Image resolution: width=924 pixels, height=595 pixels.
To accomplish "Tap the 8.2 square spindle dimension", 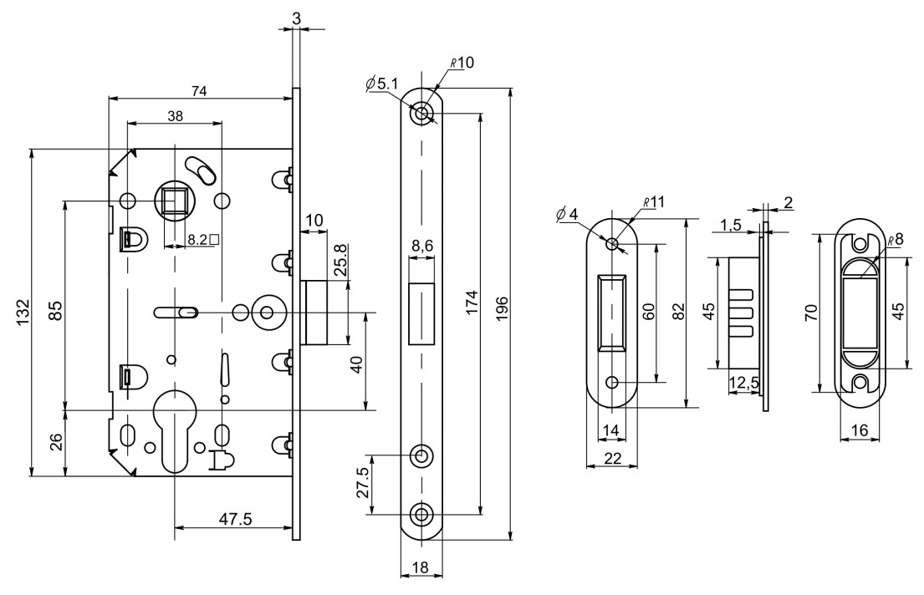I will click(202, 239).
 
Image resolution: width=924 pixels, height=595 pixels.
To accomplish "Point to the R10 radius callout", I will click(462, 64).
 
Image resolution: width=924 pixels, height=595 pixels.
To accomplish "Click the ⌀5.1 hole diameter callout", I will click(381, 83).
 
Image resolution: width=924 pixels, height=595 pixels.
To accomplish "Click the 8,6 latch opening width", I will click(422, 247).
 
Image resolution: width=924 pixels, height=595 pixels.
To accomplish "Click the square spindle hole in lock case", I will click(175, 201).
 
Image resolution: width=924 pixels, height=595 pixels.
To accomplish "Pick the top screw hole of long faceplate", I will click(422, 114).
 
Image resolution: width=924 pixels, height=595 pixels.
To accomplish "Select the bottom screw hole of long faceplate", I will click(422, 514).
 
